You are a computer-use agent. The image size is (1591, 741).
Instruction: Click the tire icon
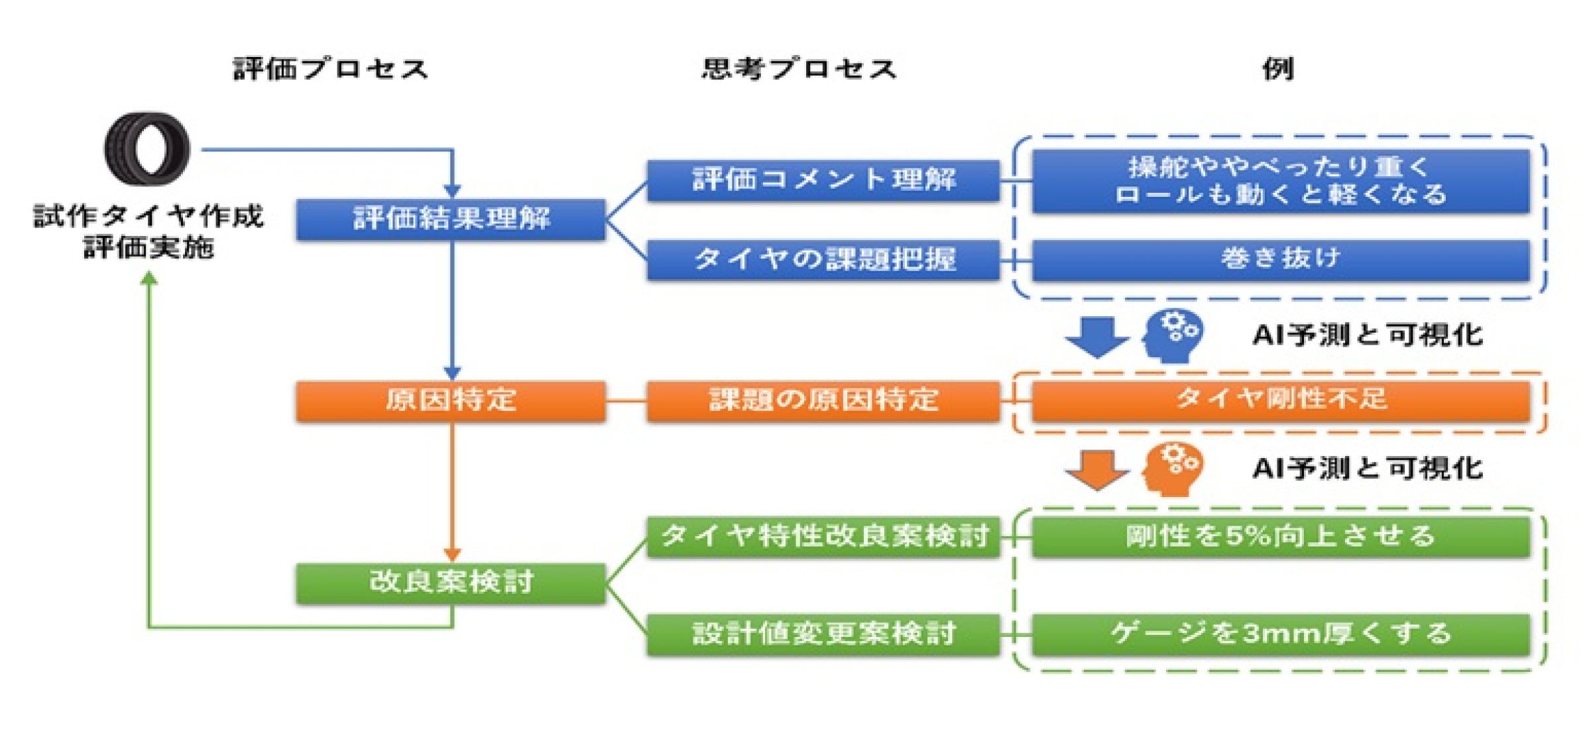click(147, 148)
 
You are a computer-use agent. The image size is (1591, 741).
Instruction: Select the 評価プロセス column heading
click(330, 69)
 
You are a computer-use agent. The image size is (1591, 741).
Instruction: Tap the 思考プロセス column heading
click(799, 69)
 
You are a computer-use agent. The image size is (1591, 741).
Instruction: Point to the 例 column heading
click(1278, 69)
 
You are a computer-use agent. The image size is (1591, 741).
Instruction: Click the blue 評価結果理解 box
click(451, 219)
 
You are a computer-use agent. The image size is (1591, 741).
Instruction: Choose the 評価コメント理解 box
click(823, 180)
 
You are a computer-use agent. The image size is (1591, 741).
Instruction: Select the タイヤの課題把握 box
click(823, 259)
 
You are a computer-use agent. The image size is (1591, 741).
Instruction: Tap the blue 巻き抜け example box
click(1281, 259)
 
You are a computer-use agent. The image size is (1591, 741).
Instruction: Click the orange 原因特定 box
click(451, 401)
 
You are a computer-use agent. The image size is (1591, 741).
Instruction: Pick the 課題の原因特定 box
click(823, 401)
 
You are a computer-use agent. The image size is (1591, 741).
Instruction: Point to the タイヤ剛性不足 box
click(1281, 400)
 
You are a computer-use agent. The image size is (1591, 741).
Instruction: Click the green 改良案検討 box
click(451, 583)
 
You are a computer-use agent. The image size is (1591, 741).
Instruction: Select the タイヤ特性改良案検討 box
click(823, 537)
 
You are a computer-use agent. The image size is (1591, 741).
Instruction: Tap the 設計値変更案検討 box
click(823, 634)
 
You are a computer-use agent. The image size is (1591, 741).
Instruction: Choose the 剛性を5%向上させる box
click(1281, 537)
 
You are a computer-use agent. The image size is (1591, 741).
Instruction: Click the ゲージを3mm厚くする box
click(1281, 634)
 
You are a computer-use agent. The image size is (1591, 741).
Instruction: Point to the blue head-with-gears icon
click(1172, 335)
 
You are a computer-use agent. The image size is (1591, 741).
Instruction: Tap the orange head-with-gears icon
click(1172, 469)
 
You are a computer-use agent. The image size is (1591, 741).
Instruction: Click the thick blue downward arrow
click(1096, 337)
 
